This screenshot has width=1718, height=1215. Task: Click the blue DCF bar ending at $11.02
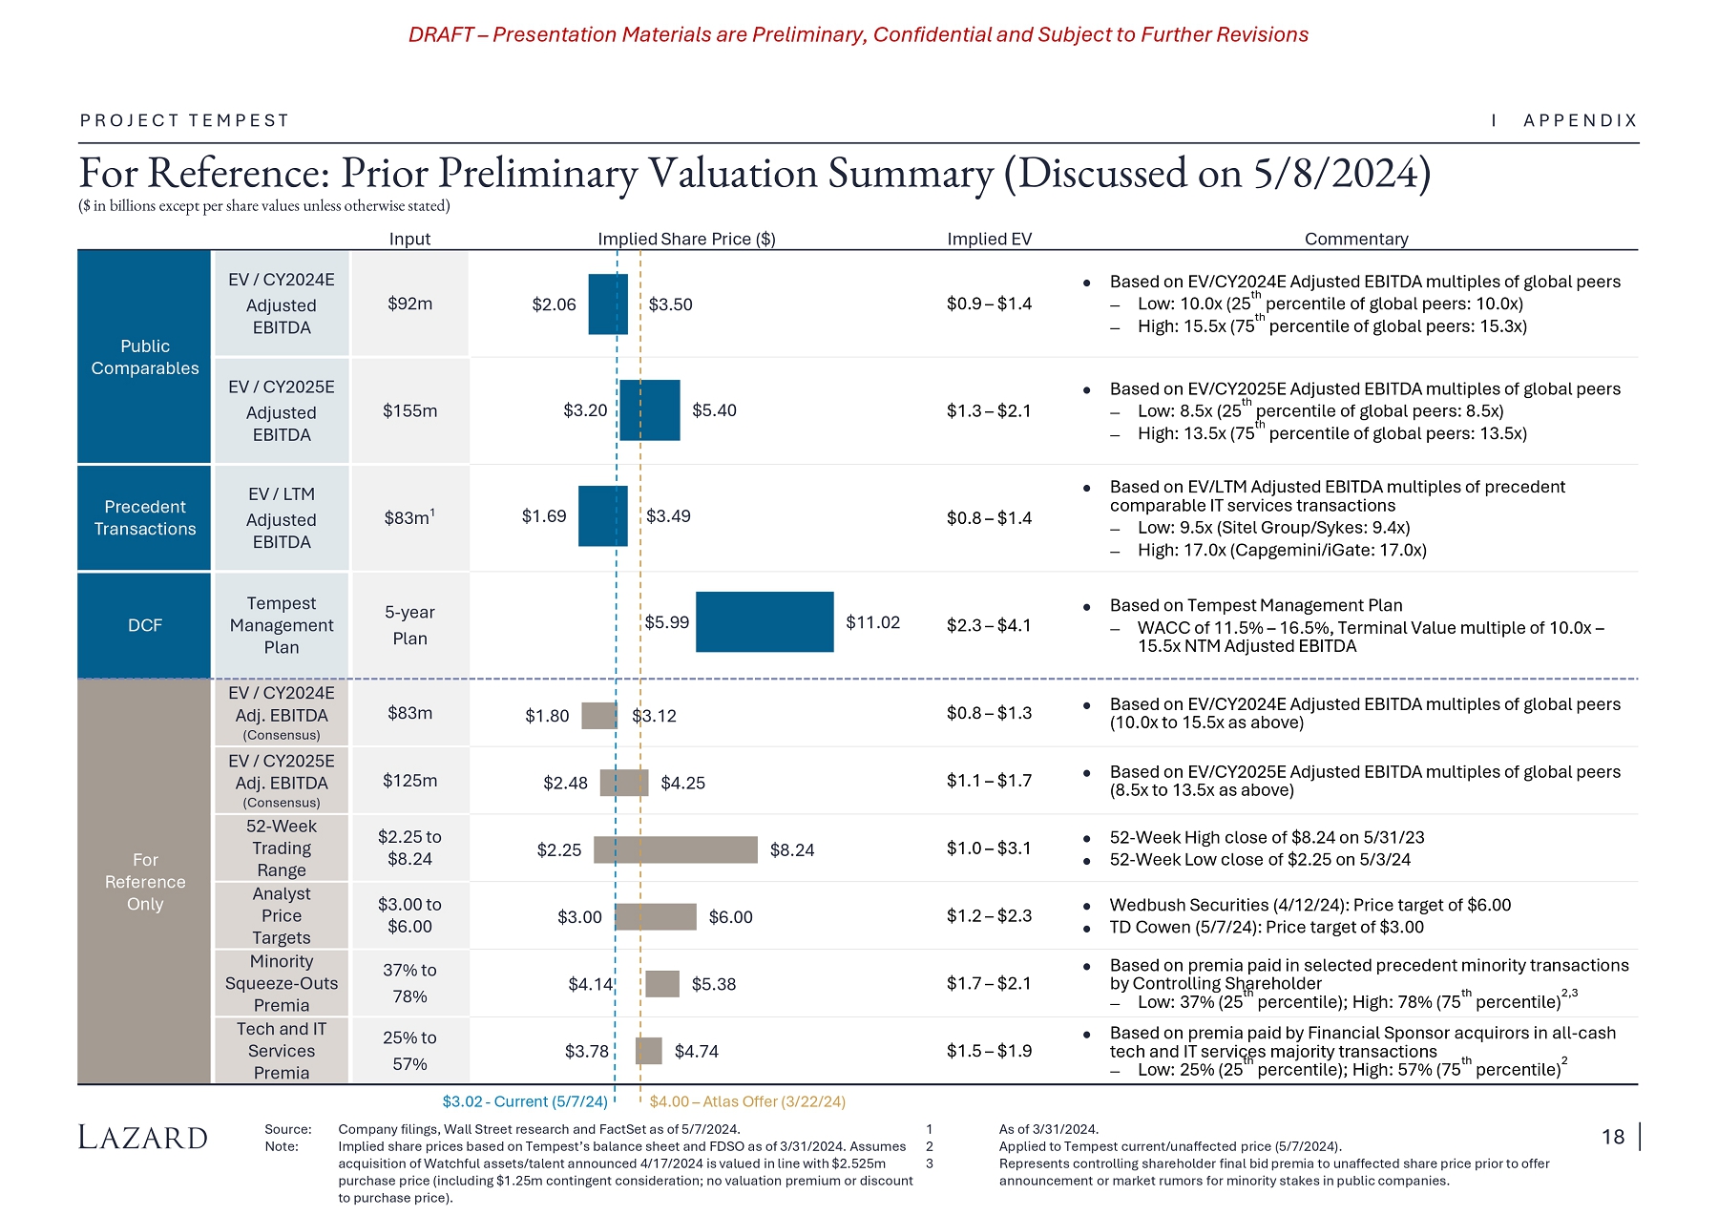(765, 622)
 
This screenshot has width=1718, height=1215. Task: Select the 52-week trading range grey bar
(675, 849)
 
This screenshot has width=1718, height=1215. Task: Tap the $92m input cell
(409, 304)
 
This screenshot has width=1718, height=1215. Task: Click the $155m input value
(409, 410)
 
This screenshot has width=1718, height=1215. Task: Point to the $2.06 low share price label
(554, 304)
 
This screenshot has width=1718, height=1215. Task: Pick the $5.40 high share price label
(714, 410)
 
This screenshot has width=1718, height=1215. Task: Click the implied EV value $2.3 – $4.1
(989, 625)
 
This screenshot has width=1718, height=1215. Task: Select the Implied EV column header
(989, 239)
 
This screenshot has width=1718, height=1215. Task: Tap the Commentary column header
(1355, 239)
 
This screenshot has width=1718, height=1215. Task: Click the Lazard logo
(143, 1138)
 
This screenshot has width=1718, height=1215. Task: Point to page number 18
(1612, 1137)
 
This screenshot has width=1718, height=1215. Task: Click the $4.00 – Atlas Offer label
(747, 1101)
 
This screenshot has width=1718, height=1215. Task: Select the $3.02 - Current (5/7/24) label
(525, 1101)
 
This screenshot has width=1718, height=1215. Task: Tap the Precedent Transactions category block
(145, 517)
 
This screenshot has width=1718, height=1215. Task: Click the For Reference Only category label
(145, 882)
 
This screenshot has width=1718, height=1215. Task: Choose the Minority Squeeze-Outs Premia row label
(282, 983)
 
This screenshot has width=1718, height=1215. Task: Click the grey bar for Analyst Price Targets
(656, 917)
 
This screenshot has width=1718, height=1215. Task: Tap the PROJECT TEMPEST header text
(184, 120)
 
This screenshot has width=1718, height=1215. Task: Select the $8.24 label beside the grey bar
(792, 850)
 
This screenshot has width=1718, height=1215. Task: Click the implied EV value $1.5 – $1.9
(989, 1051)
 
